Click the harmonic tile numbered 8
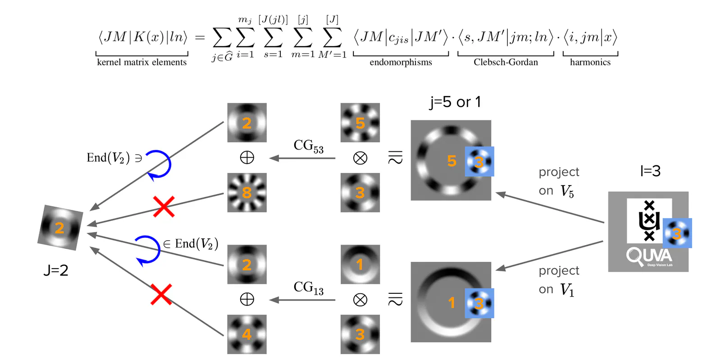coord(246,192)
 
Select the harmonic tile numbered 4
coord(246,334)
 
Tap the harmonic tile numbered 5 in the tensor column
coord(360,123)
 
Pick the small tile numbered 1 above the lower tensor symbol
coord(360,264)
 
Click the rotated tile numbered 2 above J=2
coord(60,228)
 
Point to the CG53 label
coord(308,146)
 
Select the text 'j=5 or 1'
coord(455,102)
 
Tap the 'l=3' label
coord(650,171)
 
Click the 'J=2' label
coord(56,270)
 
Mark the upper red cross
coord(164,207)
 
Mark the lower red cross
coord(161,294)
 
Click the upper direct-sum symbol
coord(247,157)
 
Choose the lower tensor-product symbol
coord(360,300)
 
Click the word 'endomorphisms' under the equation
coord(401,62)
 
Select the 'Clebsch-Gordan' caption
coord(506,62)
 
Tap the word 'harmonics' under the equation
coord(590,62)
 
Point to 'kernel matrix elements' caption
coord(141,62)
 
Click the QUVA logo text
coord(649,256)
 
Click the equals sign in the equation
coord(200,37)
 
